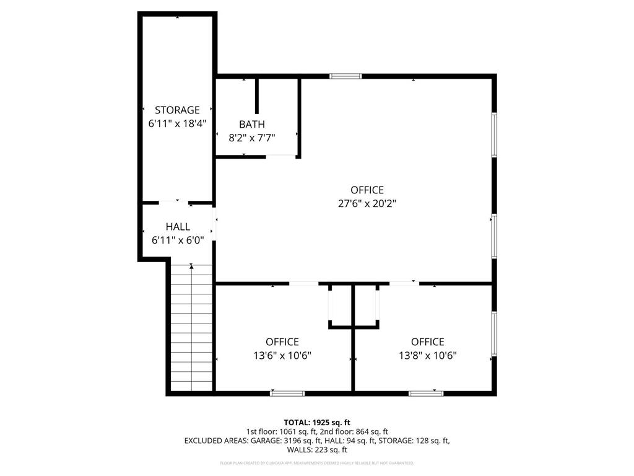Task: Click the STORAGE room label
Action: point(177,110)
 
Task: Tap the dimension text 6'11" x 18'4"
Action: point(177,123)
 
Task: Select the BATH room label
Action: point(252,125)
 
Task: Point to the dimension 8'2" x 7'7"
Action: point(252,138)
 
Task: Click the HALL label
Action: point(178,227)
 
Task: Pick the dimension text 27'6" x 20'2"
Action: point(367,203)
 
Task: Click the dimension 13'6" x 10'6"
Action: point(282,355)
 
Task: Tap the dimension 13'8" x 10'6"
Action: point(428,355)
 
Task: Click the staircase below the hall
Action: point(191,328)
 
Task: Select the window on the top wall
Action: point(345,76)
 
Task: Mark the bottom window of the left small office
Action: point(287,392)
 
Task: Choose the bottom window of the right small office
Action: point(426,392)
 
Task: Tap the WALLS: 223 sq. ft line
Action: point(317,450)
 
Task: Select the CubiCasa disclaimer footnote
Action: point(317,463)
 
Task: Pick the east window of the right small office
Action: point(493,333)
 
